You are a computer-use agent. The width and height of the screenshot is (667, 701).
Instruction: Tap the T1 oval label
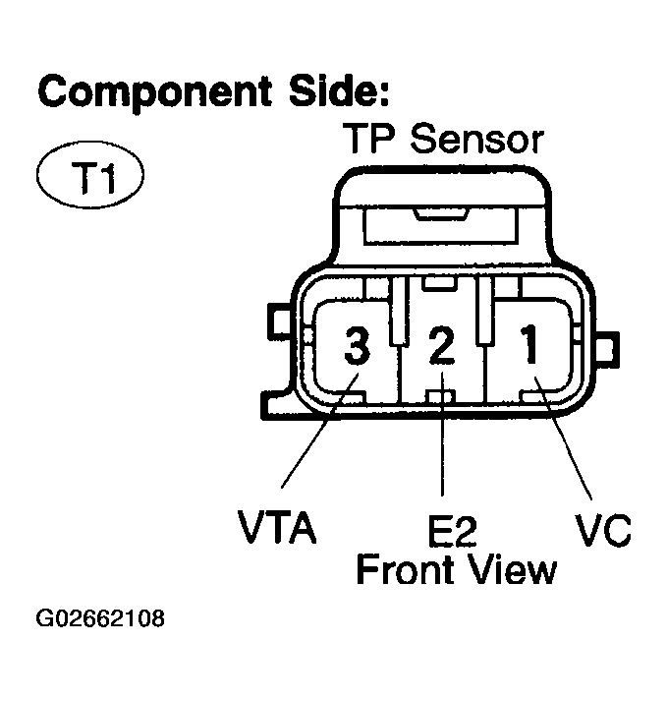89,180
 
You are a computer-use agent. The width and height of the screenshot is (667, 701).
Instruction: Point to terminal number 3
357,347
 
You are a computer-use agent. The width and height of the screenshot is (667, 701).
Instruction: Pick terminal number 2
443,347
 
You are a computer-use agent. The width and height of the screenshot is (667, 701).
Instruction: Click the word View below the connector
513,569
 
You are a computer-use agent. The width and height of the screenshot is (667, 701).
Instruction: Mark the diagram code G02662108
100,620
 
